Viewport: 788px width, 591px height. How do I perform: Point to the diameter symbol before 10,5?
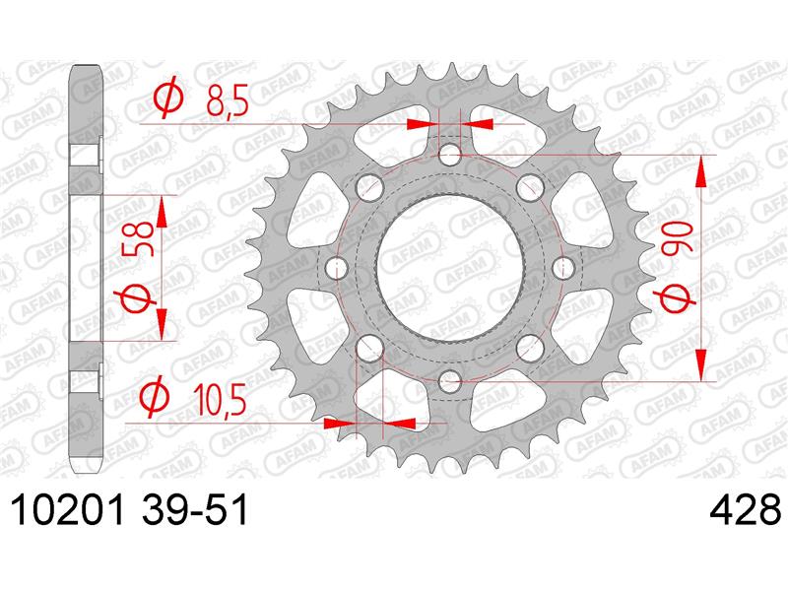coord(155,397)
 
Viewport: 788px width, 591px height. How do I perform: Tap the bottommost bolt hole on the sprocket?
coord(451,381)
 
